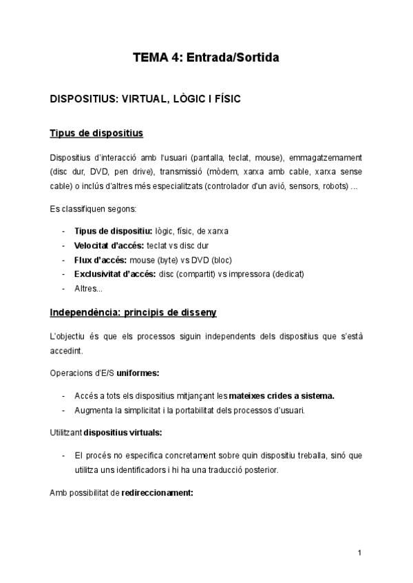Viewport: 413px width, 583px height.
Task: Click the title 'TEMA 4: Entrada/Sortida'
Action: tap(206, 58)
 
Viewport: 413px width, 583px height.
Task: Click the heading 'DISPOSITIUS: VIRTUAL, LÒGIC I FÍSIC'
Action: tap(145, 99)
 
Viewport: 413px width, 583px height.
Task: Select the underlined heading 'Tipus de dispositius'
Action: tap(96, 132)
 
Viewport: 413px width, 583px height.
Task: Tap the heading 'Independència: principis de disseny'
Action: tap(134, 313)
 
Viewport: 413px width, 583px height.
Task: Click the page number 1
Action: tap(360, 553)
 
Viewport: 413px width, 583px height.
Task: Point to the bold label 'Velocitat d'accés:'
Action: tap(105, 245)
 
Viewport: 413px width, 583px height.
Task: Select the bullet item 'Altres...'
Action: tap(88, 289)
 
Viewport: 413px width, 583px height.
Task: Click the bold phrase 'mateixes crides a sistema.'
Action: tap(284, 396)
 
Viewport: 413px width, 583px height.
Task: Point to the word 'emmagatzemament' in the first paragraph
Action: tap(328, 157)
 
